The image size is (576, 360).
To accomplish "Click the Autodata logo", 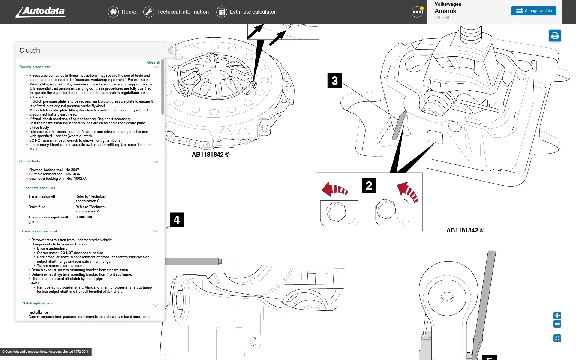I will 40,12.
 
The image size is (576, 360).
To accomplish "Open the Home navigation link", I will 122,12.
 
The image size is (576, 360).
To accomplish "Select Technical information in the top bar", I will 176,12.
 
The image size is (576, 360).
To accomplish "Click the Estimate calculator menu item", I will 246,12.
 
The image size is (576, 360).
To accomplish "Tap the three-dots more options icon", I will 417,12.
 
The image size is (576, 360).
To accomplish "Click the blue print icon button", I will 555,36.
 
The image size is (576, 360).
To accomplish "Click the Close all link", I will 153,62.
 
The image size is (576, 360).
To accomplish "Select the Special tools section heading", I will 30,161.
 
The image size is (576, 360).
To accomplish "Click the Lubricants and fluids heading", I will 38,188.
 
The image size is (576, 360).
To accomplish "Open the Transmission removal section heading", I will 39,231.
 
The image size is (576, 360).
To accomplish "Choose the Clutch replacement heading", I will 37,303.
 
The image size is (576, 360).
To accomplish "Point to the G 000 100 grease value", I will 84,217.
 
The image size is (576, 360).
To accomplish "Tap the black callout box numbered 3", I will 334,81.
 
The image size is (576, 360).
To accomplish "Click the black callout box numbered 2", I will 369,185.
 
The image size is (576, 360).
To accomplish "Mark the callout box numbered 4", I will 177,220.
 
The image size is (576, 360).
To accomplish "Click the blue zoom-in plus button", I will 557,316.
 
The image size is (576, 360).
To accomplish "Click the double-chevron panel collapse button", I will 170,50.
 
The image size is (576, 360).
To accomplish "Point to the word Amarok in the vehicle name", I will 445,11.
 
